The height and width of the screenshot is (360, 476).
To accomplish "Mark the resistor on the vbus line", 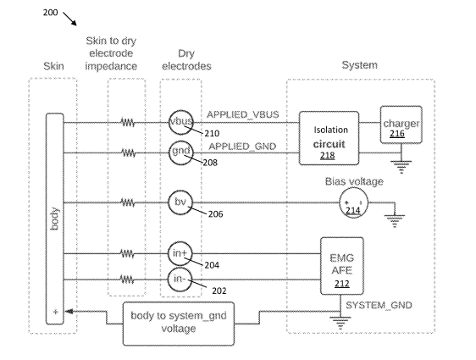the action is click(x=128, y=123).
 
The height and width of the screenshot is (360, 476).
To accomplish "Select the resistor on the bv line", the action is click(x=128, y=202).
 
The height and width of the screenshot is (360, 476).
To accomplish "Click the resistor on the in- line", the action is click(x=127, y=280).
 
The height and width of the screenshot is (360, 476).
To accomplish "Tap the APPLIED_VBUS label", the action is click(x=243, y=114).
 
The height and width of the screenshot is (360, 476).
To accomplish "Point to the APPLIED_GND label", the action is click(x=242, y=147).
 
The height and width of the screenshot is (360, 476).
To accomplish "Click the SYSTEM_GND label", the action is click(x=379, y=305).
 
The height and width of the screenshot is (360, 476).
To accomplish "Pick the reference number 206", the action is click(x=215, y=214).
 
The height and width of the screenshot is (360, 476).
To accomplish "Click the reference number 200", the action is click(x=50, y=13).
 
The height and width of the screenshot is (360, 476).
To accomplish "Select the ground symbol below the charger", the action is click(x=401, y=167).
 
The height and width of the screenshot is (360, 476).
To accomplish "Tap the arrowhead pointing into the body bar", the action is click(x=69, y=312).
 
